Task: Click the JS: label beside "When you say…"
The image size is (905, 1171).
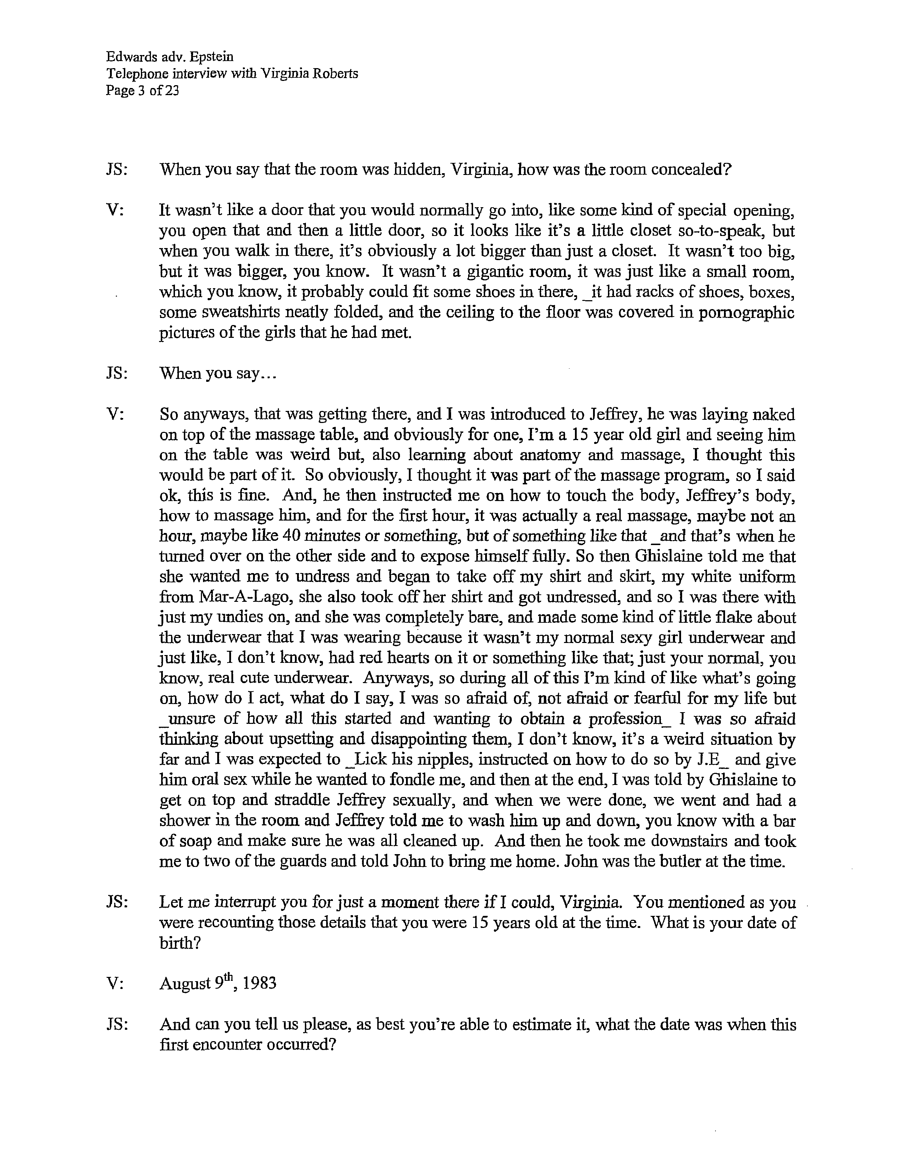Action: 117,373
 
